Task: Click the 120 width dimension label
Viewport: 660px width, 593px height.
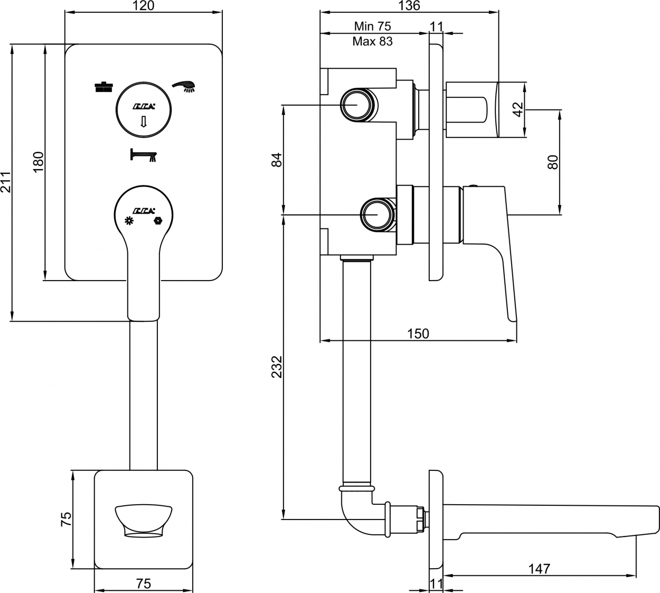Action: [x=144, y=5]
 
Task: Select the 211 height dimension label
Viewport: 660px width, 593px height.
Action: [x=6, y=182]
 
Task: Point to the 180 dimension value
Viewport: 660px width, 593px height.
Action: [x=39, y=162]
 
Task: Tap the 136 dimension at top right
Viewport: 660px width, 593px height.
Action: [x=409, y=5]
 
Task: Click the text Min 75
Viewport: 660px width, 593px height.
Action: [x=372, y=26]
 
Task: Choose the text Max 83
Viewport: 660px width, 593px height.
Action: [x=372, y=41]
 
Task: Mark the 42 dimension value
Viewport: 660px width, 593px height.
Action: [x=517, y=109]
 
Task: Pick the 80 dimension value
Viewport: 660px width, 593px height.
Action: [x=553, y=162]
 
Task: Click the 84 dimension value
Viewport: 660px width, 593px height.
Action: [x=277, y=160]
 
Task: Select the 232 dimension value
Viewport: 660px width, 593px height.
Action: [x=277, y=367]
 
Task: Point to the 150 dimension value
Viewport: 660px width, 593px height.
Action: [x=418, y=333]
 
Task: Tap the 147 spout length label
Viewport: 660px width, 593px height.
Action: [x=539, y=569]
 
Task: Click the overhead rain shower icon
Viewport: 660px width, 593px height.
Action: [x=104, y=87]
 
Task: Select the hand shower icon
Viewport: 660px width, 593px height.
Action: [x=184, y=86]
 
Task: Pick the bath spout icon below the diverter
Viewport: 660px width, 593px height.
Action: [x=143, y=155]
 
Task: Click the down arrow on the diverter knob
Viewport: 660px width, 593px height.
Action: [x=143, y=122]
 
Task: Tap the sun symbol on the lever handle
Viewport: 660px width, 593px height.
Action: [x=129, y=221]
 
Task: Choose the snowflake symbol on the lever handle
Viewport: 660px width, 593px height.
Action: [x=158, y=221]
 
